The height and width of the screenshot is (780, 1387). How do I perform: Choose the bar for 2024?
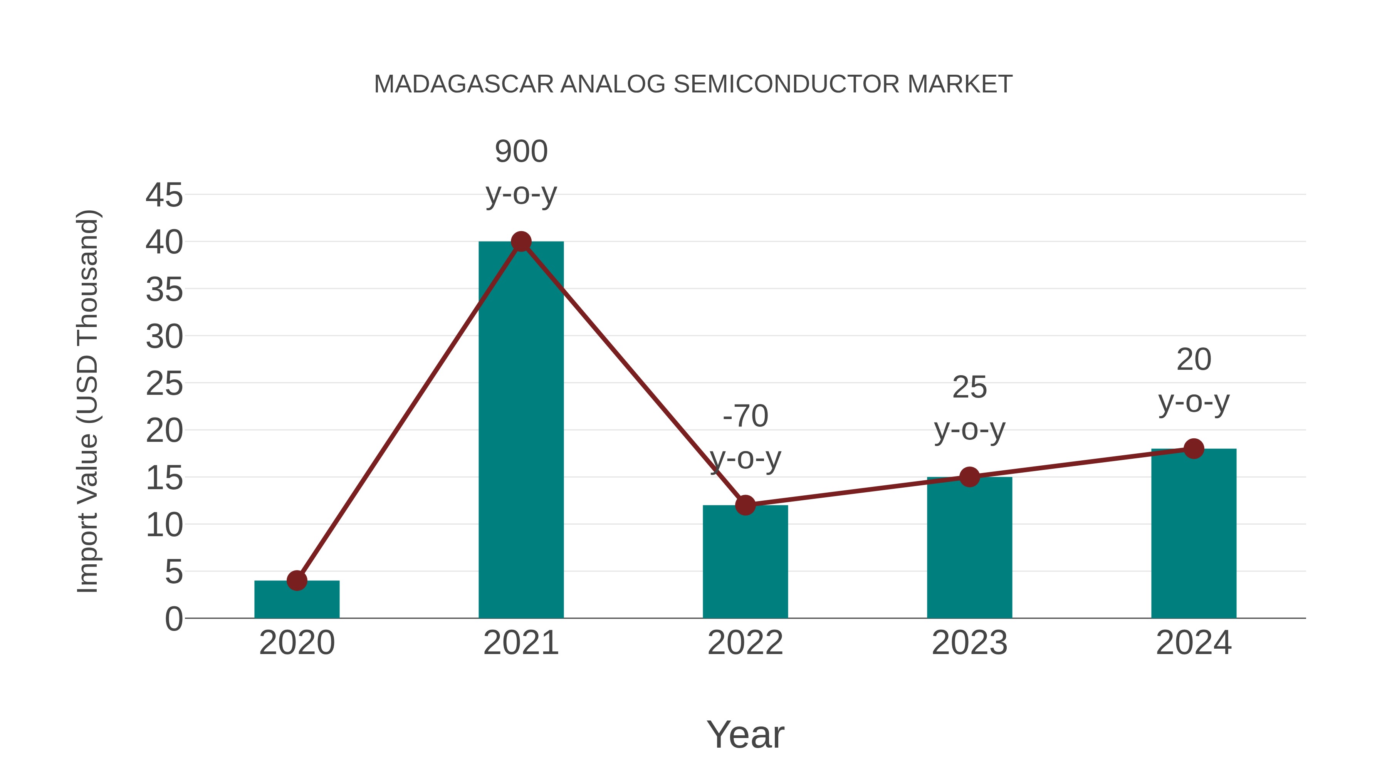[1194, 533]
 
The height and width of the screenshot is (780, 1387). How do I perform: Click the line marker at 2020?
[297, 580]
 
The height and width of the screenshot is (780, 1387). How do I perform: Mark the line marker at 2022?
[745, 505]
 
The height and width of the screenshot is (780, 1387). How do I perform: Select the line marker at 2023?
[969, 477]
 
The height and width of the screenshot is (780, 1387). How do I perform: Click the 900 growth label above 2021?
[521, 151]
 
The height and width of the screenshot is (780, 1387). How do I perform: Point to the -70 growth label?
[745, 416]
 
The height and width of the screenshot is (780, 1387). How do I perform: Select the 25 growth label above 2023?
[969, 387]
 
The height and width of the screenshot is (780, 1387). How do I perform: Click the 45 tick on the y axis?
[164, 195]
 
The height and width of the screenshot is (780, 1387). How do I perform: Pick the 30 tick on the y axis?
[164, 337]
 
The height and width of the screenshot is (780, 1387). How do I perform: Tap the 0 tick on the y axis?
[173, 619]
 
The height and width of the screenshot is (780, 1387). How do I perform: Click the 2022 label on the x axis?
[745, 643]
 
